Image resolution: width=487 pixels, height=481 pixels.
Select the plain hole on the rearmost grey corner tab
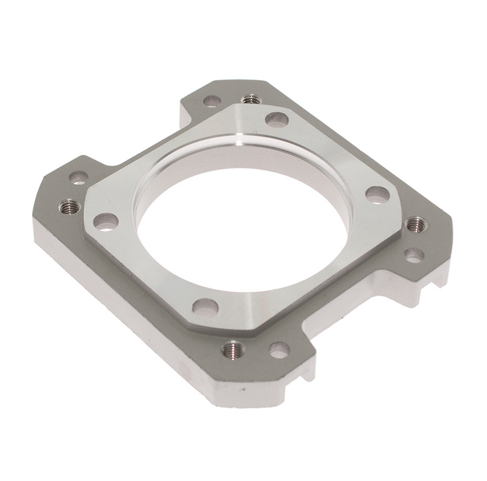211,102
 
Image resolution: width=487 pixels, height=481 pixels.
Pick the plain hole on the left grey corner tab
78,176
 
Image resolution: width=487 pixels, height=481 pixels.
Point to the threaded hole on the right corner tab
414,224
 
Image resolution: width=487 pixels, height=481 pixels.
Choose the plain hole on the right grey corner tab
414,256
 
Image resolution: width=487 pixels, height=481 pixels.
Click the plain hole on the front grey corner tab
278,351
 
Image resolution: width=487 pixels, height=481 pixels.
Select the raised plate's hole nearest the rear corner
275,120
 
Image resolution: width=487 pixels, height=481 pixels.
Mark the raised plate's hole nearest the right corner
377,195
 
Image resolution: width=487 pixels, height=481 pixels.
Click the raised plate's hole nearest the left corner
106,220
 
